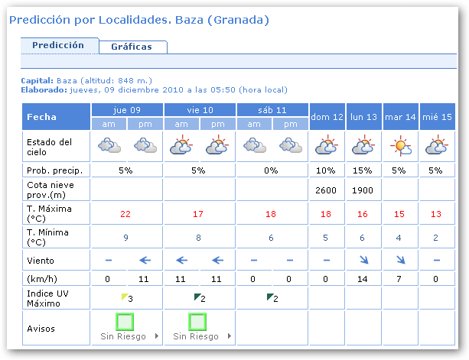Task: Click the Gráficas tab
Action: (132, 47)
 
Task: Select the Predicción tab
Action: (58, 45)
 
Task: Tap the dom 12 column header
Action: (327, 116)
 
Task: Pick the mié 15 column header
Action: (436, 116)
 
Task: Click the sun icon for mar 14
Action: (400, 145)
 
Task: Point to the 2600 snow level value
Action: (327, 189)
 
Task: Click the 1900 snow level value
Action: (363, 189)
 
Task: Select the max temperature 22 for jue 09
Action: (126, 213)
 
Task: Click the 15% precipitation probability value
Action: (363, 170)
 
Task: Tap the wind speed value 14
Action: (363, 278)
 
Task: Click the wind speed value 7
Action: (400, 278)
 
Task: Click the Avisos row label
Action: (41, 329)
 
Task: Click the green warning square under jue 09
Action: (126, 321)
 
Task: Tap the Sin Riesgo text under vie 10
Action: (195, 336)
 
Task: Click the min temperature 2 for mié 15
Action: (436, 238)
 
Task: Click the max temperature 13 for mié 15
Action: (436, 213)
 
